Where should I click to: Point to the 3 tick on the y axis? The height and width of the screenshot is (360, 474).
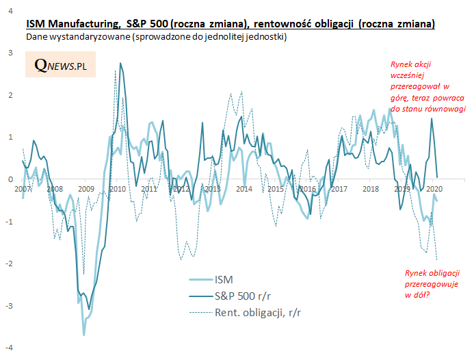coord(9,53)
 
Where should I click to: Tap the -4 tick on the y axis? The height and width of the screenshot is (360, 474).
coord(8,348)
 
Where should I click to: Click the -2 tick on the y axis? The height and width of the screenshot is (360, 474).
coord(8,263)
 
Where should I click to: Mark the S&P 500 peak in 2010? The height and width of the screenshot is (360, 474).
coord(121,63)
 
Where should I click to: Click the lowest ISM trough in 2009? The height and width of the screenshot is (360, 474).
coord(83,335)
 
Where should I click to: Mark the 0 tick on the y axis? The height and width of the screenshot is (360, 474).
coord(10,179)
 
